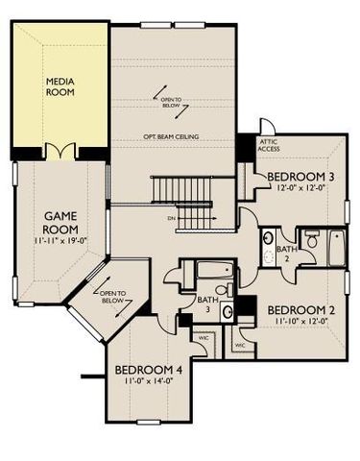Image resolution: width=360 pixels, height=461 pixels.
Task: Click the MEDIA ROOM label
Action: pos(61,87)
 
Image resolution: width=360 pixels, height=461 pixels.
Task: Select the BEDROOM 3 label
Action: pos(300,177)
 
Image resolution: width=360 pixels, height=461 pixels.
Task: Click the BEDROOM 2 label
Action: pos(300,309)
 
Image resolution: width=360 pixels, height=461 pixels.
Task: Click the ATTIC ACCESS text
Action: pos(270,146)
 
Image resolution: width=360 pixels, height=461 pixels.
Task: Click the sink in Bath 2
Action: pos(269,238)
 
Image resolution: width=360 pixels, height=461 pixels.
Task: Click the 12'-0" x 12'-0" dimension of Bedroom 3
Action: pos(300,188)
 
